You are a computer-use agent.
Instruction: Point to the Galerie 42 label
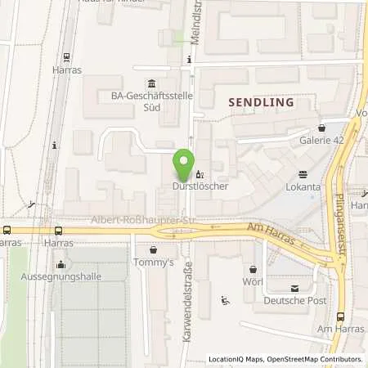[321, 140]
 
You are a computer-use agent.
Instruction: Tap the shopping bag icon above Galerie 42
[321, 128]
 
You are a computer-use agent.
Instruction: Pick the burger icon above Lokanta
[303, 173]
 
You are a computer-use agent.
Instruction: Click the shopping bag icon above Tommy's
[153, 250]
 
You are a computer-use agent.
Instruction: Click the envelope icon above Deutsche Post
[294, 288]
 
